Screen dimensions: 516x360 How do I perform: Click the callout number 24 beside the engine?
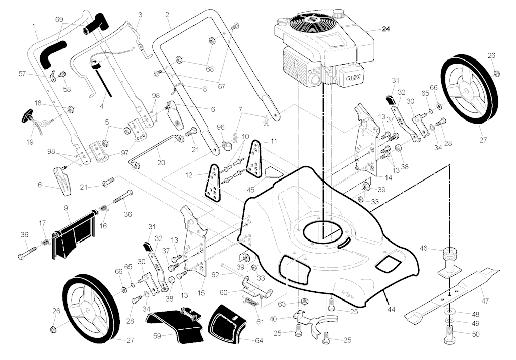click(x=385, y=29)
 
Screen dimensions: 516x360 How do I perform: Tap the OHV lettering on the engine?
click(x=352, y=78)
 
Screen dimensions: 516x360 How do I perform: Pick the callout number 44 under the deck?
click(x=391, y=309)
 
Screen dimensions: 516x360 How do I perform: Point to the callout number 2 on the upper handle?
click(x=167, y=15)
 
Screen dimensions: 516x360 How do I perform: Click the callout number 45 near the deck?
click(x=250, y=190)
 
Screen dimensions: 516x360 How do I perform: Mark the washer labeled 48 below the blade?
click(x=450, y=311)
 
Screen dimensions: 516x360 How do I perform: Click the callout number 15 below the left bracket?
click(x=201, y=293)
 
